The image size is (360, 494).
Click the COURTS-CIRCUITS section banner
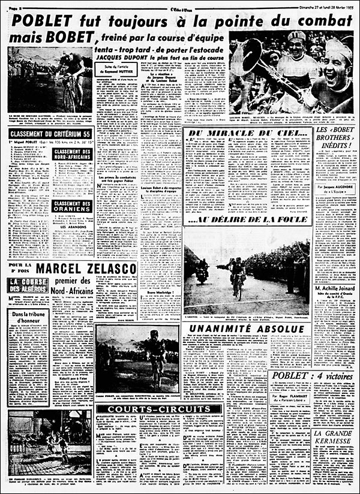(154, 409)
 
